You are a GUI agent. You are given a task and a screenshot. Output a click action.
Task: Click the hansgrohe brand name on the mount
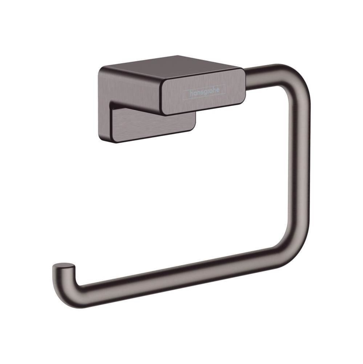pos(205,91)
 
